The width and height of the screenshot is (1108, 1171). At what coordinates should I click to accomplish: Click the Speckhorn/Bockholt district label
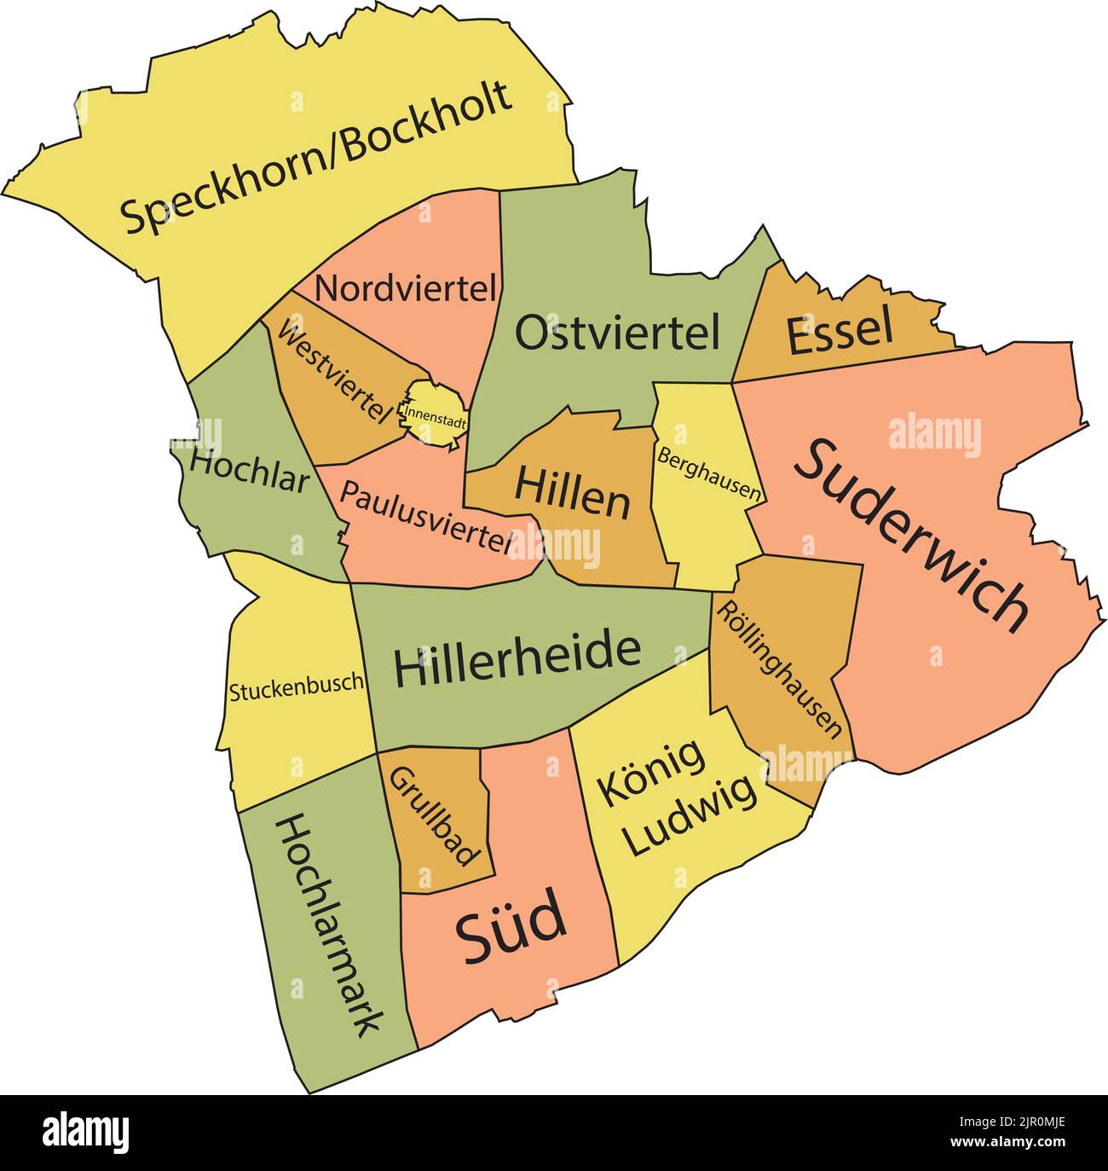(x=316, y=158)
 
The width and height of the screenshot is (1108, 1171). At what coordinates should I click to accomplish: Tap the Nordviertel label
(x=406, y=288)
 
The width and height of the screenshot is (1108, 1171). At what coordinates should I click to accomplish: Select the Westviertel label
(x=333, y=372)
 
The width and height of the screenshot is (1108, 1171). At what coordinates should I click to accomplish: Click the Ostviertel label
(x=618, y=333)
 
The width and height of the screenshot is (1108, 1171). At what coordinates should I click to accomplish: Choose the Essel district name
(x=840, y=332)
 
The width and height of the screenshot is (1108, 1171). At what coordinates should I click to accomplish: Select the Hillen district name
(x=572, y=493)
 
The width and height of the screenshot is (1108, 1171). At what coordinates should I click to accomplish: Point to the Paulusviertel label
(x=427, y=515)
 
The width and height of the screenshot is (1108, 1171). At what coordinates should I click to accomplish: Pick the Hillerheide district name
(x=516, y=659)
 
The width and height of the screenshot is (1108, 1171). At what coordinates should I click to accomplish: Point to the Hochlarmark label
(x=328, y=925)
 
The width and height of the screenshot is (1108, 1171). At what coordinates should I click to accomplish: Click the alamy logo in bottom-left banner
(x=86, y=1133)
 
